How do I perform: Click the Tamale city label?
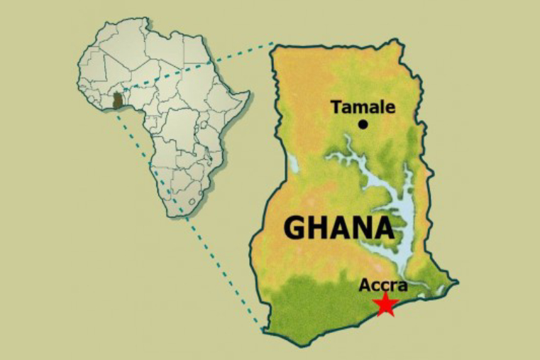(x=363, y=108)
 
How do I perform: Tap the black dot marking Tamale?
(x=363, y=124)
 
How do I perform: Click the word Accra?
(x=383, y=285)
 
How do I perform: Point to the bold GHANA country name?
(x=338, y=228)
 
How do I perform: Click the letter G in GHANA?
(x=296, y=228)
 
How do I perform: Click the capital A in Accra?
(x=365, y=285)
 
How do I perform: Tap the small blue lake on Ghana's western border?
(x=293, y=165)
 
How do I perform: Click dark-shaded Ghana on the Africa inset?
(x=118, y=101)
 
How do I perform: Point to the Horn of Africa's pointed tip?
(x=249, y=93)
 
